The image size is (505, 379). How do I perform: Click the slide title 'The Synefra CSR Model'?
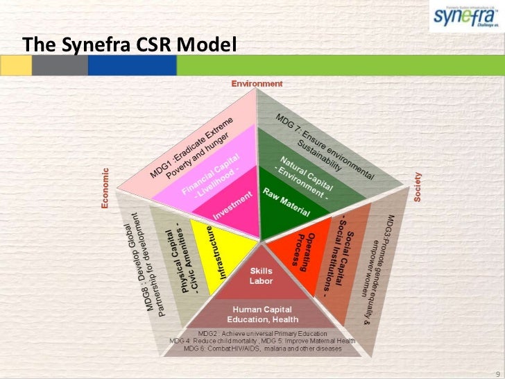(130, 44)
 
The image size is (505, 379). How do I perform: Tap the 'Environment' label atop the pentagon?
(257, 83)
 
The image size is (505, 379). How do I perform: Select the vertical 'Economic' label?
(105, 187)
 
